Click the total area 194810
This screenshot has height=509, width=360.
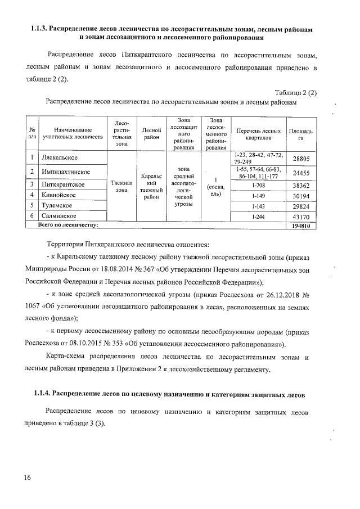pyautogui.click(x=301, y=226)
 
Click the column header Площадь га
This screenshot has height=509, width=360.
pyautogui.click(x=300, y=134)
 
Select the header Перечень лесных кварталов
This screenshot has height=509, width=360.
pyautogui.click(x=259, y=134)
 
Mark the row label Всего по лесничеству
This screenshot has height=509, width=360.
pyautogui.click(x=67, y=226)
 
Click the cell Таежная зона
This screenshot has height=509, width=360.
pyautogui.click(x=121, y=187)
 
